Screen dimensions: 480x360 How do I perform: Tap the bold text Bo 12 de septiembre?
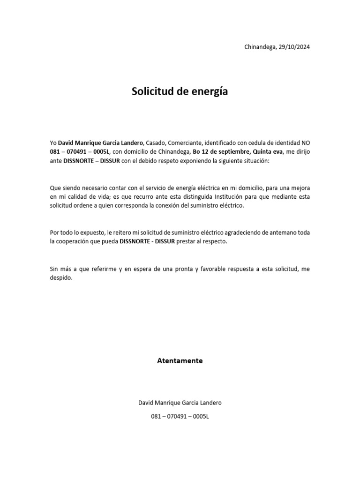221,151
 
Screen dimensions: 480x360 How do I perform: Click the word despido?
61,278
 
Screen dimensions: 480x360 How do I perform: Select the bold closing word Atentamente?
180,360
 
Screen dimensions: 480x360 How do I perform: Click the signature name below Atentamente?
180,403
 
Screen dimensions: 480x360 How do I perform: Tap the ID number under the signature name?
180,416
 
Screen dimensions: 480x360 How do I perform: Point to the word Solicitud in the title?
152,91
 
